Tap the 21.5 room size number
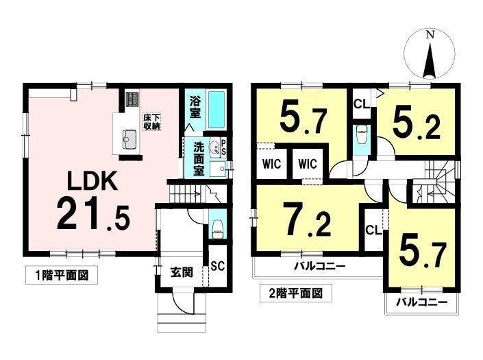click(x=94, y=214)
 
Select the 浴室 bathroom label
click(x=195, y=107)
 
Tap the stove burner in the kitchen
click(x=132, y=99)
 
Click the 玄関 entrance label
click(x=182, y=272)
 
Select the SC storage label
click(x=217, y=265)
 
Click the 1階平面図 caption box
click(x=62, y=275)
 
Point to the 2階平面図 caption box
click(x=296, y=293)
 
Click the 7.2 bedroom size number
click(x=308, y=219)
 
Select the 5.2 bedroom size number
click(x=416, y=123)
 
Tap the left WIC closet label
click(x=272, y=164)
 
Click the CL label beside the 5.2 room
click(x=361, y=104)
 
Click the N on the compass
click(x=430, y=34)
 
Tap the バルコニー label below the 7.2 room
click(x=319, y=265)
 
